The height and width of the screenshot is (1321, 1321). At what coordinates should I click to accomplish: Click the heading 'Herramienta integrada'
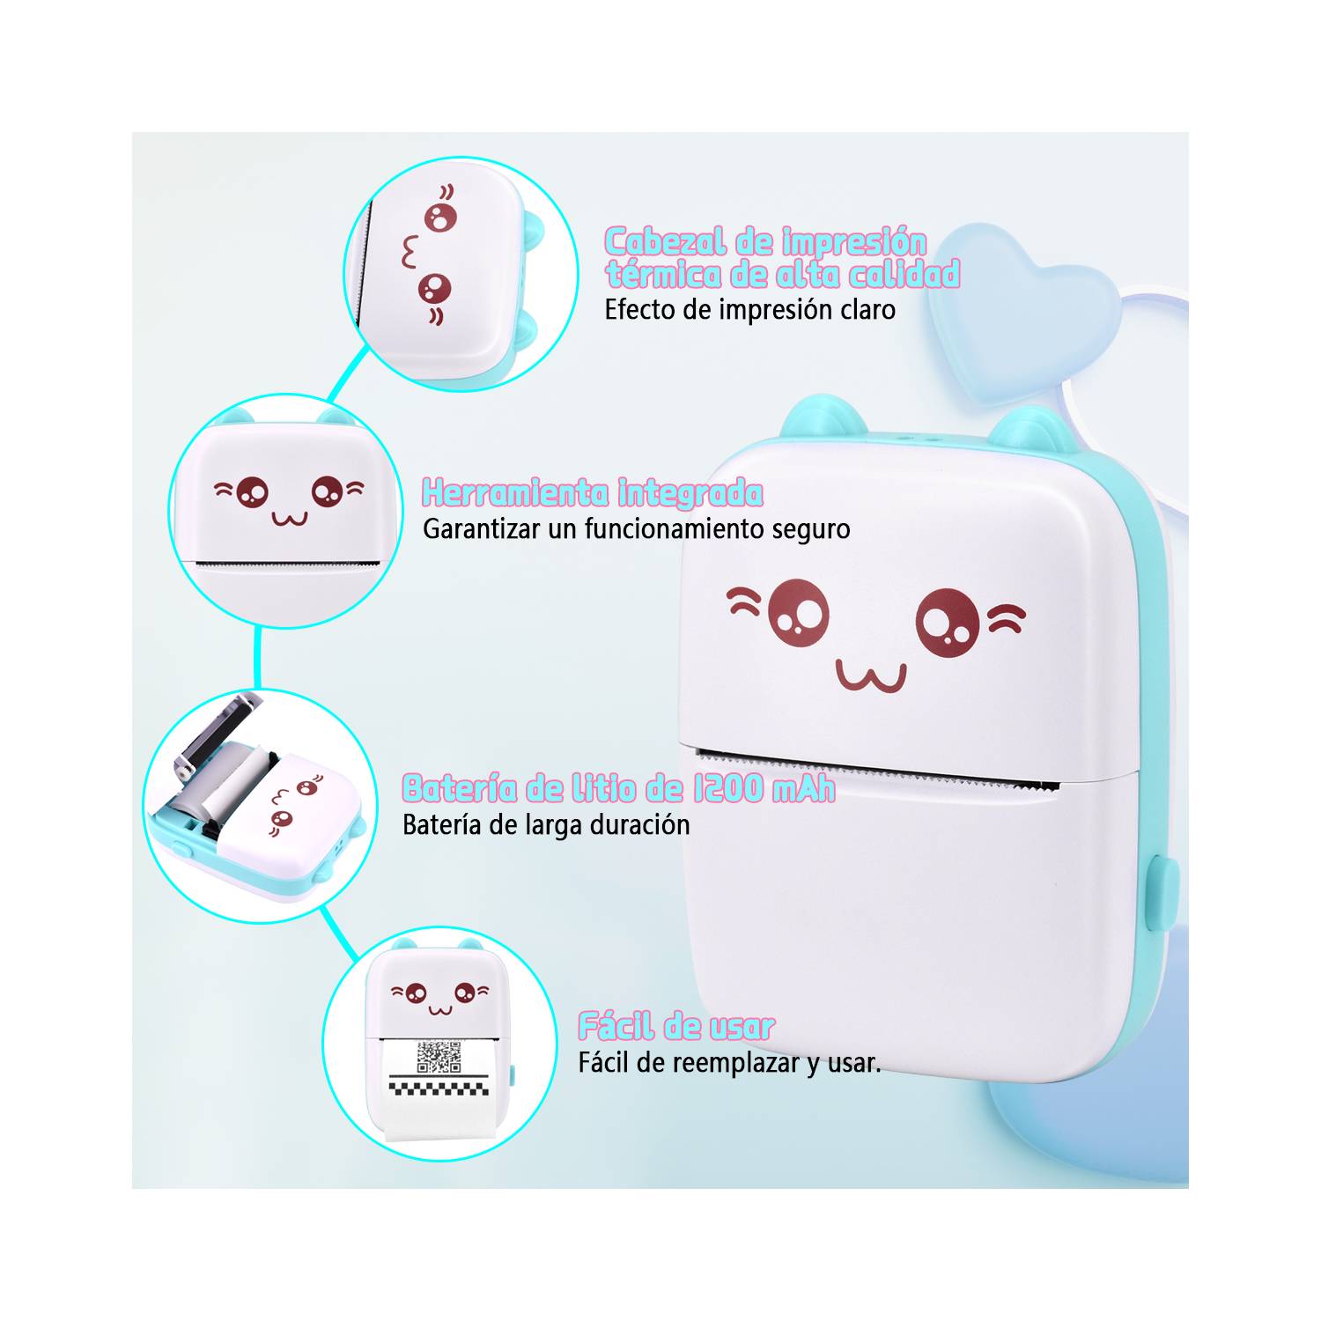(x=593, y=493)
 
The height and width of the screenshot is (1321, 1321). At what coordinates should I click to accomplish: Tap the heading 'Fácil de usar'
(x=676, y=1026)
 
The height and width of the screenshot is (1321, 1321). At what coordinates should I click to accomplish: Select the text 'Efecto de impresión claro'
(x=749, y=310)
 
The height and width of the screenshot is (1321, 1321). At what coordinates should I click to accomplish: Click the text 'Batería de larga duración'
(x=546, y=825)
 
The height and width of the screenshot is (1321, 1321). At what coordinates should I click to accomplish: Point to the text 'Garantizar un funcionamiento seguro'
(x=637, y=529)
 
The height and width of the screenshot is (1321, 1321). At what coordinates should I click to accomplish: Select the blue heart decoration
(x=1022, y=304)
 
